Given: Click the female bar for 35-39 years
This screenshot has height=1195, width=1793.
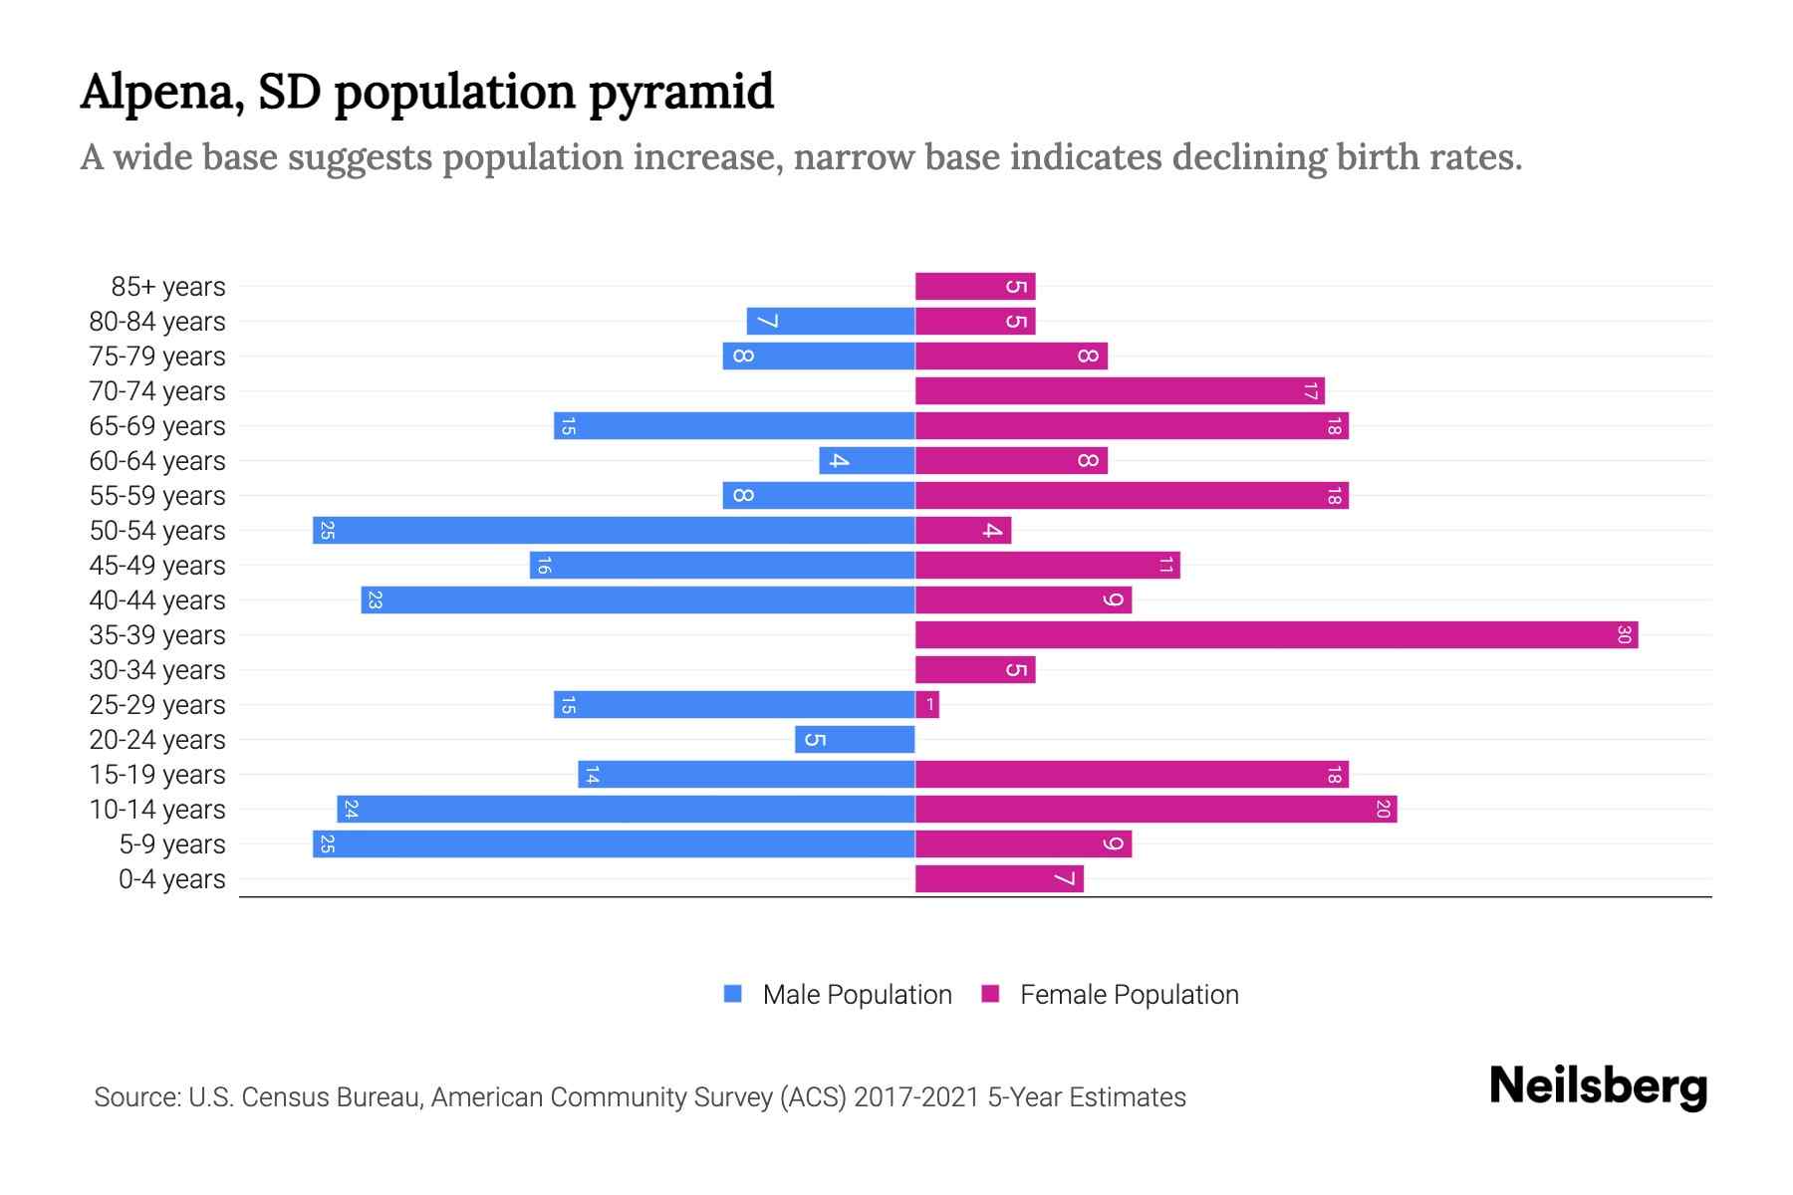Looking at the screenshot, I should [x=1276, y=634].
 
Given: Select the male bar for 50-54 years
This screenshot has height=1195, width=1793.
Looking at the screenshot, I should [x=614, y=530].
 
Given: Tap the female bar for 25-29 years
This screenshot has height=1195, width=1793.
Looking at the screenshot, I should [x=927, y=705].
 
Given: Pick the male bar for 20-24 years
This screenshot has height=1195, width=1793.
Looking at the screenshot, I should [x=855, y=739].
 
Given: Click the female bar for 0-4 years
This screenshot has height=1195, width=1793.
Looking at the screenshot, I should [x=999, y=878].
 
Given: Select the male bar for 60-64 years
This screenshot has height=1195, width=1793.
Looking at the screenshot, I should [x=867, y=460].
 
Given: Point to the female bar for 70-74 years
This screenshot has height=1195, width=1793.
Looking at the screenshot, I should [x=1120, y=390].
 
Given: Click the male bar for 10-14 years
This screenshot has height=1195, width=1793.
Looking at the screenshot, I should [x=626, y=809].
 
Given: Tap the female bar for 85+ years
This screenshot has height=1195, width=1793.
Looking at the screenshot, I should [x=975, y=287].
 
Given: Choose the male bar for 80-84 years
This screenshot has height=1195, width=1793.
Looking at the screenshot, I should [x=831, y=321].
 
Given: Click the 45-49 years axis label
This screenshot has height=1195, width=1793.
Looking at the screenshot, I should [x=157, y=566].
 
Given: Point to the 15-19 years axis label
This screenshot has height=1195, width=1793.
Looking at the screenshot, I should [x=157, y=775].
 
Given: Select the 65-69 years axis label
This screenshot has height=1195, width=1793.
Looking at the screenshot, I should [x=157, y=426].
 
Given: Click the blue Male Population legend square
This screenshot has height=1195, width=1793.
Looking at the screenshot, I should [x=733, y=994].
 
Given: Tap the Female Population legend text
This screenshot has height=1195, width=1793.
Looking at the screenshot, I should [x=1129, y=995].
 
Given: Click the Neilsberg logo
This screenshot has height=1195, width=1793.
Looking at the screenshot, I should [x=1598, y=1086].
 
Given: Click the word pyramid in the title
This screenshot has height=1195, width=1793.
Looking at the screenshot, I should [x=680, y=92].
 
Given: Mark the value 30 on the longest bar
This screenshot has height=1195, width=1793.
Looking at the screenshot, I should [x=1624, y=634].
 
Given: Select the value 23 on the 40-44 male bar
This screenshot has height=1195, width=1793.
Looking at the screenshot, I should [x=375, y=599].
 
